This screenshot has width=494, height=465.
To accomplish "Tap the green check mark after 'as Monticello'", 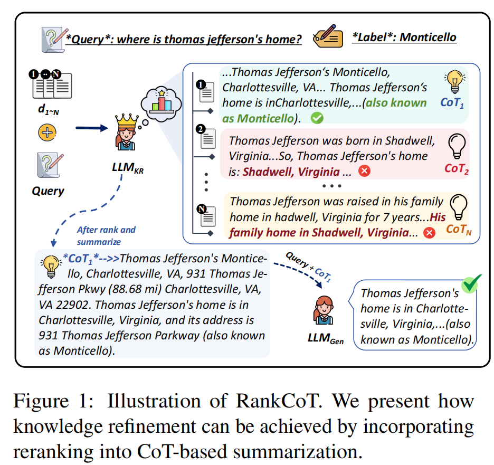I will [317, 118].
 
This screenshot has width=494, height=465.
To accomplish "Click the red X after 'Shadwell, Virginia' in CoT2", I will [364, 171].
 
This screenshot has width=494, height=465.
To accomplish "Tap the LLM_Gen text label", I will [326, 340].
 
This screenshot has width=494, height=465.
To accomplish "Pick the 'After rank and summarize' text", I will [106, 235].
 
